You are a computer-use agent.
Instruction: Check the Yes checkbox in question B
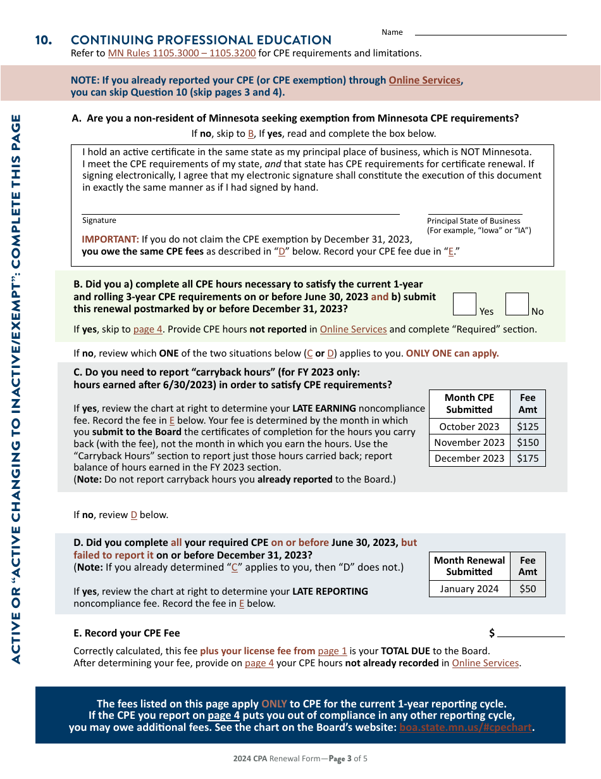pos(465,304)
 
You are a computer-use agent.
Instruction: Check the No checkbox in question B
pos(517,304)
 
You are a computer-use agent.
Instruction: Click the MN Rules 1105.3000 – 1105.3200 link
pos(182,53)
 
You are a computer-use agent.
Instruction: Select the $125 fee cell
pos(528,427)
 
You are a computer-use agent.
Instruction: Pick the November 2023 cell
pos(469,443)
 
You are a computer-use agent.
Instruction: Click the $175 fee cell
pos(528,459)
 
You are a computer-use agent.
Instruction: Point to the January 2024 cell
pos(469,589)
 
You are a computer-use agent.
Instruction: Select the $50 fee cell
pos(528,589)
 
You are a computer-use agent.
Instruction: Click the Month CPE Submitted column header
pos(469,403)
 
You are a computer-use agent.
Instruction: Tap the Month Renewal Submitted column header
pos(469,566)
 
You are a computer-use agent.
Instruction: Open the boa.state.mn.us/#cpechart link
pos(466,728)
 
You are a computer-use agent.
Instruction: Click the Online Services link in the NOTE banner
pos(424,80)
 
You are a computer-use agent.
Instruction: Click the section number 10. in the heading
pos(44,41)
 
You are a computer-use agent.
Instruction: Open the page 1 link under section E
pos(332,651)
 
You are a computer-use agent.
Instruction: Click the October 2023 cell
pos(469,427)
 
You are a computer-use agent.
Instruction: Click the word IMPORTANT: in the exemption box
pos(110,239)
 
